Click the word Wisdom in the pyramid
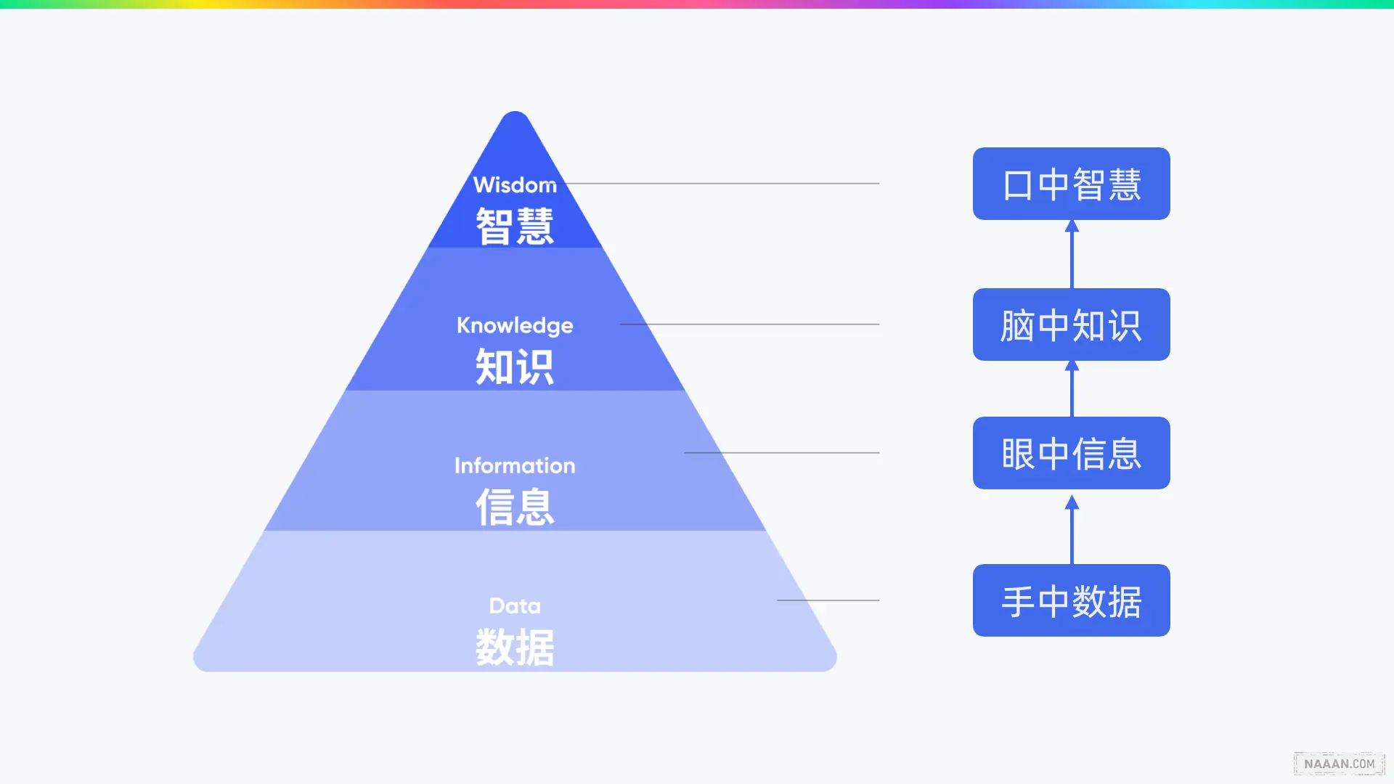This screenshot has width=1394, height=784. tap(515, 185)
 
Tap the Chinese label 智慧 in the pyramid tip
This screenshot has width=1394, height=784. tap(515, 226)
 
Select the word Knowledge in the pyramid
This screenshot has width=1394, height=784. tap(515, 325)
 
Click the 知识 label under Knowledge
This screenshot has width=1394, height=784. tap(515, 367)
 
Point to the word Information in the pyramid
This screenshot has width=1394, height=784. tap(515, 465)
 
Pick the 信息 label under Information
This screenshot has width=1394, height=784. tap(515, 507)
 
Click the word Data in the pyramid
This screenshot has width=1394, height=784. tap(515, 605)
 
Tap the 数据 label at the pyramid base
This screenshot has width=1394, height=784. tap(515, 647)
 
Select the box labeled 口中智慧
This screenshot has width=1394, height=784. tap(1071, 184)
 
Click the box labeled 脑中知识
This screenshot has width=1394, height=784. tap(1071, 324)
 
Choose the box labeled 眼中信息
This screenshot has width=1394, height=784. tap(1071, 453)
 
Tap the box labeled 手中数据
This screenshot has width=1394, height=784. tap(1071, 600)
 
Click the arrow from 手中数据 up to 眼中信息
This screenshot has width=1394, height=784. tap(1072, 529)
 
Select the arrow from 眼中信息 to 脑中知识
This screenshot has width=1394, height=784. tap(1072, 389)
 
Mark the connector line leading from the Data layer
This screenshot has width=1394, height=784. tap(828, 600)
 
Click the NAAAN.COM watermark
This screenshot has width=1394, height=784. tap(1339, 764)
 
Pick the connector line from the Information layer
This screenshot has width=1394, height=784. tap(782, 453)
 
